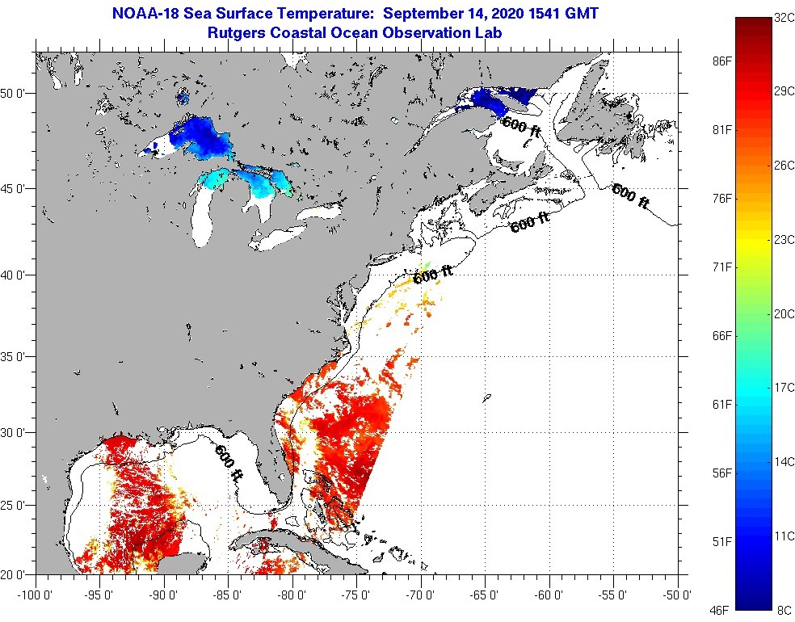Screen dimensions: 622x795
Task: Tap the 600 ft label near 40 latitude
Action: [x=433, y=275]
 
